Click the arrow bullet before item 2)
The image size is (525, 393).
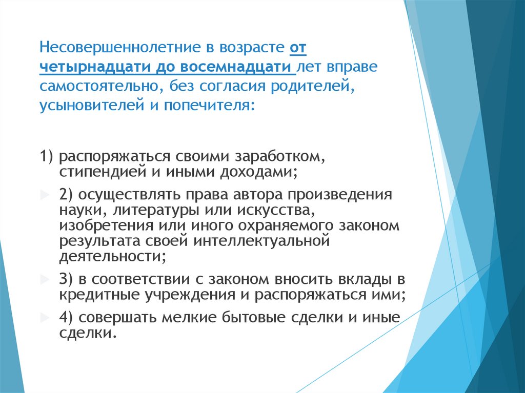click(x=43, y=195)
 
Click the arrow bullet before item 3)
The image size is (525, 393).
click(x=43, y=280)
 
